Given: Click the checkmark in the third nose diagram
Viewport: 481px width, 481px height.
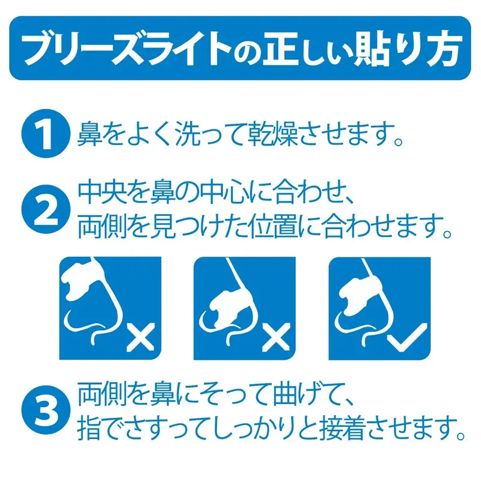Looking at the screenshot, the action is (407, 337).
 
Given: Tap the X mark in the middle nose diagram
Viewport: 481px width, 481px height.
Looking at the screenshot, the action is (276, 337).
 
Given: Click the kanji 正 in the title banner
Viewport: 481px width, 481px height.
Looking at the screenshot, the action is (280, 49).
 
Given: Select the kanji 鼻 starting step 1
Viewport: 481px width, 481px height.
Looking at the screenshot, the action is (89, 134).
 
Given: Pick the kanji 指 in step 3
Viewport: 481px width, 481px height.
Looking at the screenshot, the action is (89, 427).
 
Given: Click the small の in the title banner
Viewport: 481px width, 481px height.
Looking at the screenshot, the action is (247, 53).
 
